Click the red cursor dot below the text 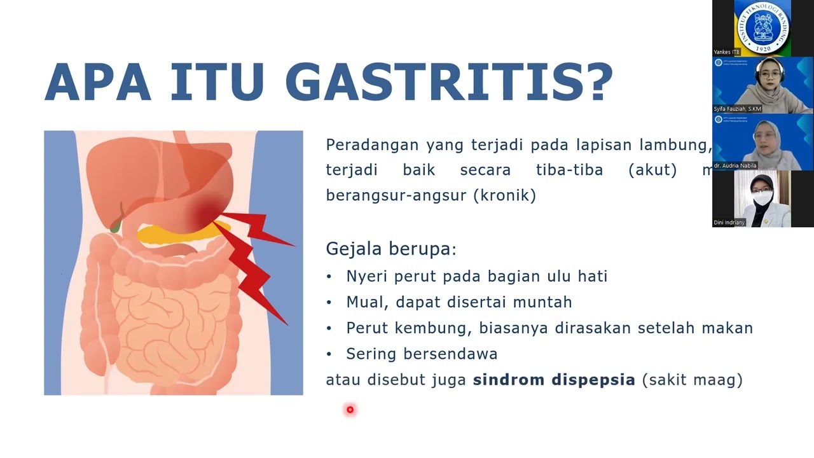pyautogui.click(x=350, y=410)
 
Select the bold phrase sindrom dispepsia pyautogui.click(x=554, y=380)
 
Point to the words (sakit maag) pyautogui.click(x=692, y=380)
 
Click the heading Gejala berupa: pyautogui.click(x=390, y=248)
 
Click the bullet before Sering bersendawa pyautogui.click(x=329, y=354)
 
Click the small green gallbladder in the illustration pyautogui.click(x=115, y=224)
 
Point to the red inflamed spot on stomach pyautogui.click(x=203, y=210)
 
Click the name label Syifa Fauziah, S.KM pyautogui.click(x=738, y=109)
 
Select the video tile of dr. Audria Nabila pyautogui.click(x=762, y=141)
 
